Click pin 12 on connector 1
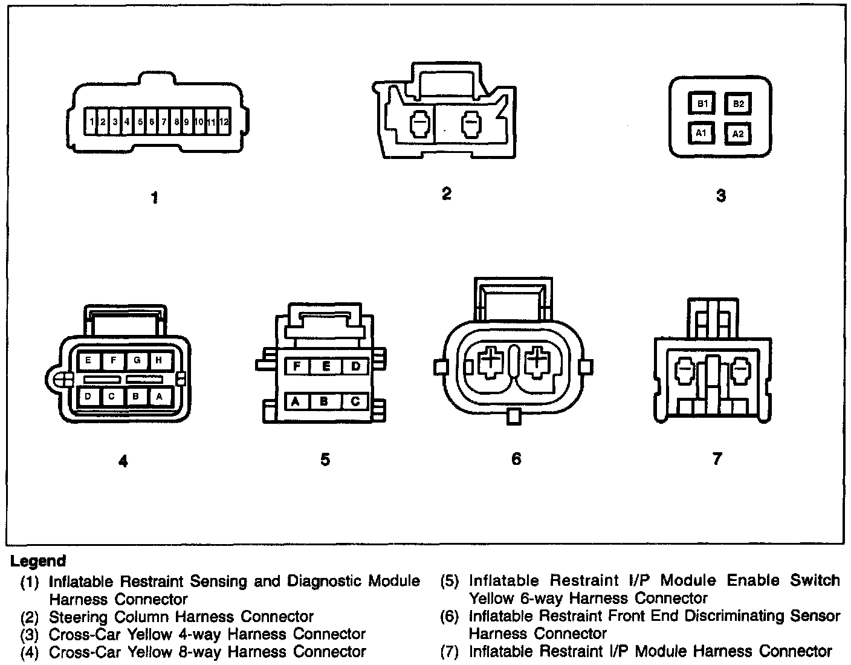[224, 122]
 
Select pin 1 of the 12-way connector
[91, 122]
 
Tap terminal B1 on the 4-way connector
[702, 104]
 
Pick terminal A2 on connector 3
[738, 134]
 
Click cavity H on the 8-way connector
[159, 360]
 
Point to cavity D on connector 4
[88, 397]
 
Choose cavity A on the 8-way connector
[159, 397]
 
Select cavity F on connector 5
[297, 366]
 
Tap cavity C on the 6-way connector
[355, 400]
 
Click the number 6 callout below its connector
[516, 459]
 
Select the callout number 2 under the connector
[446, 193]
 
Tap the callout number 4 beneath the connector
[123, 461]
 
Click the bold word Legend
[38, 561]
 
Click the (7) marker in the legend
[452, 652]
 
